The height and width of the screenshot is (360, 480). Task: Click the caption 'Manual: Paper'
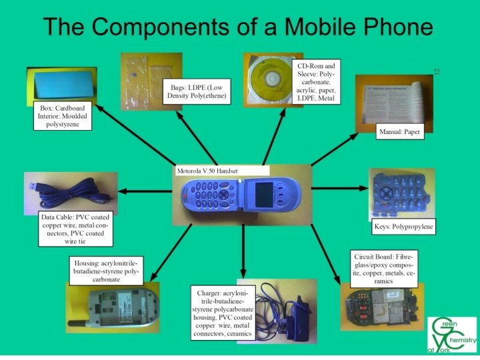[x=399, y=131]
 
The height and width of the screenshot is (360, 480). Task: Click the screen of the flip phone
[x=265, y=193]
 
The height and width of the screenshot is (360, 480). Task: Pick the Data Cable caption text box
[x=75, y=229]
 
